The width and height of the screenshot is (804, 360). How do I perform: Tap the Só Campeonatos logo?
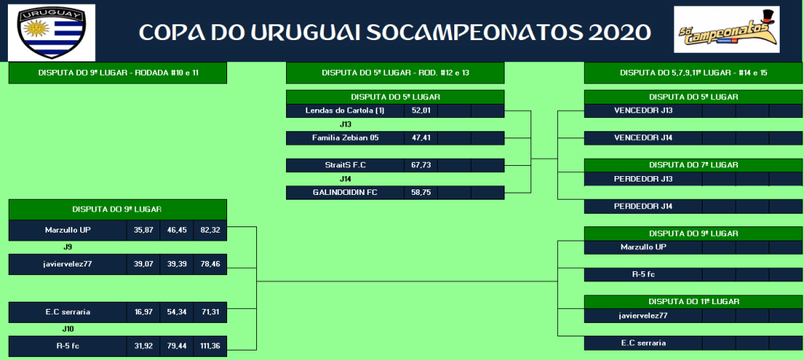tap(726, 29)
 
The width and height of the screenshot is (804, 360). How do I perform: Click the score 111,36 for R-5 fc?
tap(210, 346)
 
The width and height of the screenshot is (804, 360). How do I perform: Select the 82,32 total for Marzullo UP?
tap(210, 230)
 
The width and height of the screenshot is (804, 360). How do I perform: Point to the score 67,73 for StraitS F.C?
tap(420, 165)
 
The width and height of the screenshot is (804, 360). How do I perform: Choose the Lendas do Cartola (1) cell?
tap(345, 111)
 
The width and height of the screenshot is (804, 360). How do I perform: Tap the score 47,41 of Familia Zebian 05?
tap(420, 138)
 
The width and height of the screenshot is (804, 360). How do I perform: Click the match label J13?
tap(345, 125)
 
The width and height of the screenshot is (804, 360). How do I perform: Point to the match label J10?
tap(68, 329)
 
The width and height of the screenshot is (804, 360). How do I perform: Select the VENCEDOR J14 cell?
tap(643, 138)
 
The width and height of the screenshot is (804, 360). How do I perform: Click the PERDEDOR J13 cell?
tap(643, 179)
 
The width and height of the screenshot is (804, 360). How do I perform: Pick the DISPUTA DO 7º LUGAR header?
tap(694, 165)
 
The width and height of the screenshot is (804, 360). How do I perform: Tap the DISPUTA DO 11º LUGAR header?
tap(694, 302)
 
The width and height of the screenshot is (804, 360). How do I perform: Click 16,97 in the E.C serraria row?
tap(144, 312)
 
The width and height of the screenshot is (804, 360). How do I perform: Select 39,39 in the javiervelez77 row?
tap(177, 264)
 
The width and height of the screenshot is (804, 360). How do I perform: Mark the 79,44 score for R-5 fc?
tap(177, 346)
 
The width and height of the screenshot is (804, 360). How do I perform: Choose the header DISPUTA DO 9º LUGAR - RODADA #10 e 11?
tap(118, 73)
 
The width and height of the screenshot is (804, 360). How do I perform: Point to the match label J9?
tap(68, 247)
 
